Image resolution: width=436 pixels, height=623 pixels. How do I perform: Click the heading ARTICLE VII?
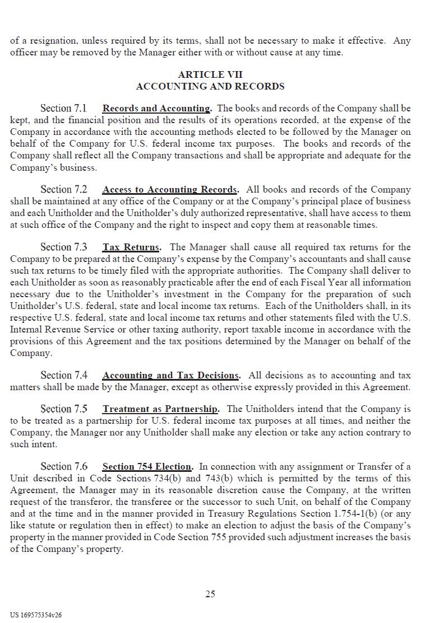click(210, 74)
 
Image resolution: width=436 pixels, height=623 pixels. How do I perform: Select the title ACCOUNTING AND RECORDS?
click(210, 86)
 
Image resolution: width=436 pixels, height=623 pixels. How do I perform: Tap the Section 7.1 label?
click(64, 108)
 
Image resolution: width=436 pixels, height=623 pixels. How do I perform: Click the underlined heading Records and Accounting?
click(156, 108)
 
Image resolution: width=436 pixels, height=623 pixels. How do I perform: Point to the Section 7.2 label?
click(64, 189)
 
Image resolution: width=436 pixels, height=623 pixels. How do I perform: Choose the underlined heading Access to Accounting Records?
click(170, 189)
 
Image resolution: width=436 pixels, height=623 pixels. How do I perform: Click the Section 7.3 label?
click(64, 247)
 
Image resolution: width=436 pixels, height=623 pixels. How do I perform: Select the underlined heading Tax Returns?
click(131, 247)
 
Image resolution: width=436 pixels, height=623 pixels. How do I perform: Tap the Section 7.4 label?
click(64, 375)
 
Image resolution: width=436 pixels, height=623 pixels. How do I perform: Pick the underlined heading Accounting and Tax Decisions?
click(171, 375)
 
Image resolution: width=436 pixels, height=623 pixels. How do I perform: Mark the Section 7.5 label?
click(64, 409)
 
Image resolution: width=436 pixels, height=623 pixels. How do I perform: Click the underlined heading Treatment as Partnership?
click(160, 409)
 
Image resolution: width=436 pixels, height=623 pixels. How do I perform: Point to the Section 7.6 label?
click(64, 466)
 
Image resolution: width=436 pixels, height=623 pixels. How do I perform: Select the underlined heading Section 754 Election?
click(147, 466)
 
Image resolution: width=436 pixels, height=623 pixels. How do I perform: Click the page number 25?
click(210, 594)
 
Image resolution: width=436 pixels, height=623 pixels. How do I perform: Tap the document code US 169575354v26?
click(36, 615)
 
